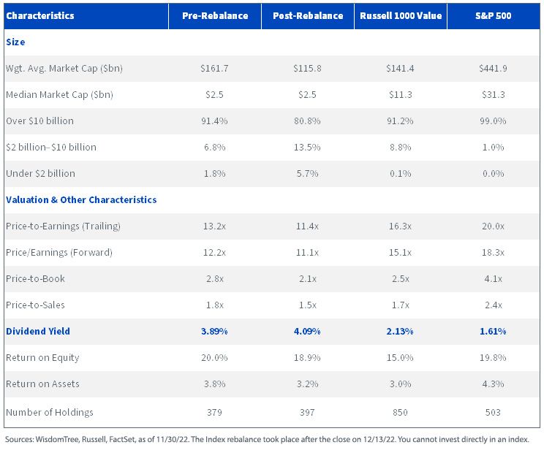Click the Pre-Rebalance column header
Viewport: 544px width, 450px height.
click(215, 15)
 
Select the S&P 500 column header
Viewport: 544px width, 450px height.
click(494, 15)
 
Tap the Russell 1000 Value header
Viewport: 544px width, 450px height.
click(401, 15)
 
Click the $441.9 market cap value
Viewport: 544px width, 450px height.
click(493, 68)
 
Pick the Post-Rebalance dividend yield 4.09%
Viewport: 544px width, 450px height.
click(307, 332)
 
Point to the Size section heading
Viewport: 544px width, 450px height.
click(15, 42)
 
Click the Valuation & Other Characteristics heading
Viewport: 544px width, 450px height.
click(81, 200)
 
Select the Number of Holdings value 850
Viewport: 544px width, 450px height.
click(400, 412)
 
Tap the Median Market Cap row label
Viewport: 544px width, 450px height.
click(59, 95)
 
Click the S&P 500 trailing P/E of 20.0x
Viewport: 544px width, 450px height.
click(493, 226)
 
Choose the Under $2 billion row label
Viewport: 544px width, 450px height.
click(40, 173)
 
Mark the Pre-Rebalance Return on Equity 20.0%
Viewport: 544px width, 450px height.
click(214, 357)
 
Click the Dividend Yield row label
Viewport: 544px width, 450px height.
click(38, 332)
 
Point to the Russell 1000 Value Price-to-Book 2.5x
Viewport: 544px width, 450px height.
click(401, 279)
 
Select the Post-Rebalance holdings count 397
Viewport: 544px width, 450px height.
click(307, 412)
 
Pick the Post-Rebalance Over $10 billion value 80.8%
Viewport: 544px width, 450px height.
click(307, 121)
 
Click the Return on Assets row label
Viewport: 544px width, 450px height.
click(42, 384)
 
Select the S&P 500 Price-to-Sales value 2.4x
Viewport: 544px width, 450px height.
click(493, 305)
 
